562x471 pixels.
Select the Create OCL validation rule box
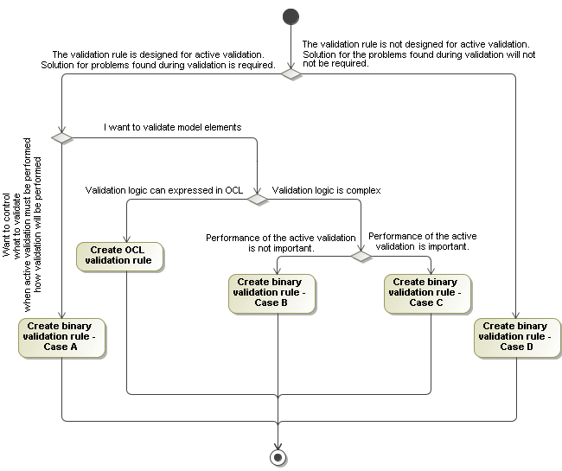pos(120,257)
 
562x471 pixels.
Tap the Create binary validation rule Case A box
pos(61,337)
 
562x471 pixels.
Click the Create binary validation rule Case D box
pos(516,337)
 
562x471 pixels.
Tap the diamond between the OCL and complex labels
pos(258,199)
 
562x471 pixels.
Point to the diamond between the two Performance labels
pos(361,256)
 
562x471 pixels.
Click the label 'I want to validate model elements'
pos(172,127)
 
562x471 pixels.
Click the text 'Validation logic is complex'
pos(327,189)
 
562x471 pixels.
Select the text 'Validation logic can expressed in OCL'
pos(164,189)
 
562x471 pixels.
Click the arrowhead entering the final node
pos(278,442)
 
